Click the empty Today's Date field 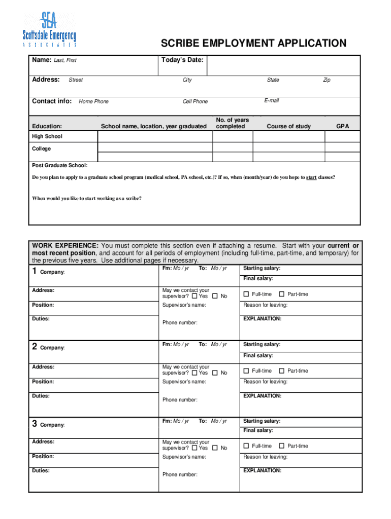284,65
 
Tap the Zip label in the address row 327,80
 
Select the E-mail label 271,101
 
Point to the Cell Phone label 195,101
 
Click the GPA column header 343,126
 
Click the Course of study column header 288,126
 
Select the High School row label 47,137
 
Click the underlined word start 311,178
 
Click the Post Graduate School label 59,166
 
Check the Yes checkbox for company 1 195,296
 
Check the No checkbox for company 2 215,373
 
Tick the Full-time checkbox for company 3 246,446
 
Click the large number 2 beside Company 35,347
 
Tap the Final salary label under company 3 258,430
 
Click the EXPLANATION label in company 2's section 262,396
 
